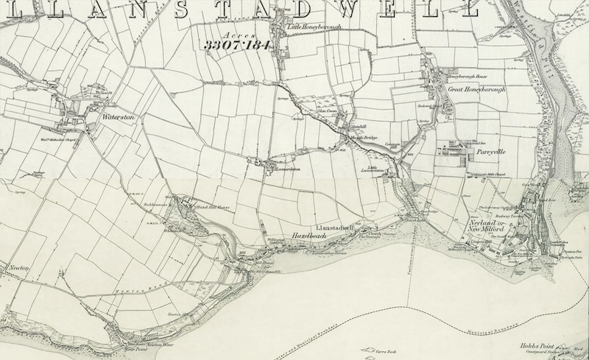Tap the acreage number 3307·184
(x=238, y=45)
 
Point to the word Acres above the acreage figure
(x=236, y=34)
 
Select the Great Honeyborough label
(x=476, y=89)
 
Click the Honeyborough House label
(x=468, y=76)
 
